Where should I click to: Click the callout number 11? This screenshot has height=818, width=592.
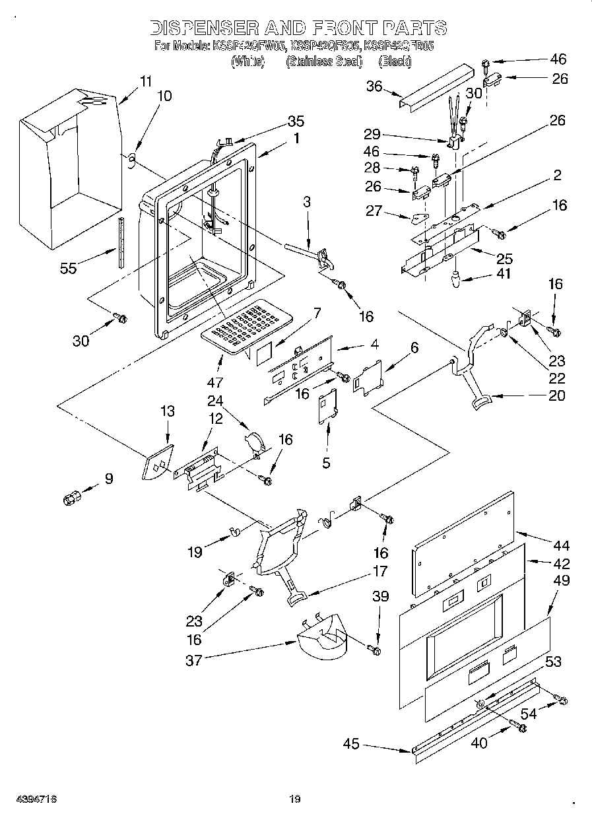tap(146, 82)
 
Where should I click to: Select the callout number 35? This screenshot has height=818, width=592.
tap(296, 121)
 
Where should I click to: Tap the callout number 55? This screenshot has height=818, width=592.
tap(68, 268)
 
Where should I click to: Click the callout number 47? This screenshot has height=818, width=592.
tap(215, 382)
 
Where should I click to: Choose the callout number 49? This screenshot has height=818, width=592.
tap(562, 581)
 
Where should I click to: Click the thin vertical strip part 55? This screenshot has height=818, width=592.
tap(120, 241)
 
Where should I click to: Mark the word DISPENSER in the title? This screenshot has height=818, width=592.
tap(203, 28)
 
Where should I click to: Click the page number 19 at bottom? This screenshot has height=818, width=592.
tap(294, 800)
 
